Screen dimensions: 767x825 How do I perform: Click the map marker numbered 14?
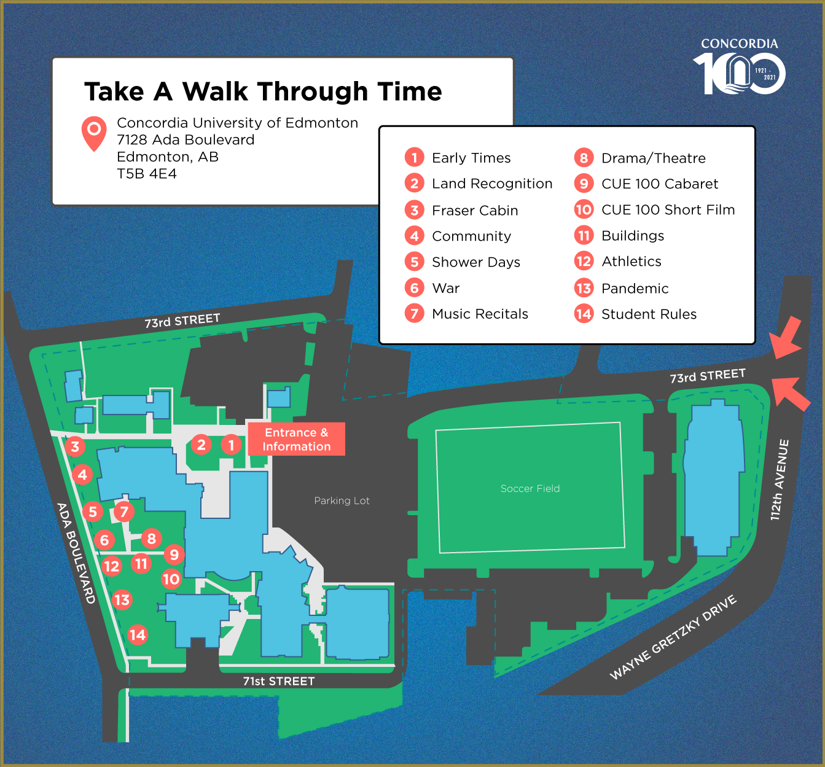pyautogui.click(x=137, y=635)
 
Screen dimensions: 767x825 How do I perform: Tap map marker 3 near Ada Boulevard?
pyautogui.click(x=75, y=446)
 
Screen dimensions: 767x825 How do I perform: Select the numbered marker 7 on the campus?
pyautogui.click(x=124, y=512)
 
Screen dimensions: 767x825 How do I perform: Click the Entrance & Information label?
pyautogui.click(x=296, y=440)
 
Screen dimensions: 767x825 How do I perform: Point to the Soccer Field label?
pyautogui.click(x=530, y=489)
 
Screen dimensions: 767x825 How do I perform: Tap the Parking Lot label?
pyautogui.click(x=342, y=501)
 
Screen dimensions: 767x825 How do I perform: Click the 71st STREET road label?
pyautogui.click(x=279, y=681)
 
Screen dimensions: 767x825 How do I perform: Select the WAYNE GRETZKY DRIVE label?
pyautogui.click(x=673, y=637)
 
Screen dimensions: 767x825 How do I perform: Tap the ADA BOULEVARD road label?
pyautogui.click(x=76, y=553)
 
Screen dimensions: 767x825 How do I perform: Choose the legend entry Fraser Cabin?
pyautogui.click(x=475, y=211)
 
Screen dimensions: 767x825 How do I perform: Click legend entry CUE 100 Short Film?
pyautogui.click(x=668, y=210)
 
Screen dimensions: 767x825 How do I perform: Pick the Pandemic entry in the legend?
pyautogui.click(x=635, y=289)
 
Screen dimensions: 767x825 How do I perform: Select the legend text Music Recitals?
pyautogui.click(x=480, y=314)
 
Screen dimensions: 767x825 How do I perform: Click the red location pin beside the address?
pyautogui.click(x=94, y=132)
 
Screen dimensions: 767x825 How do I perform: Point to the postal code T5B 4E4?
pyautogui.click(x=147, y=174)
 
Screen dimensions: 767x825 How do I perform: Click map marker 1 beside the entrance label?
pyautogui.click(x=231, y=444)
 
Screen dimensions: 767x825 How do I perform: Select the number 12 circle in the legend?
pyautogui.click(x=584, y=262)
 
